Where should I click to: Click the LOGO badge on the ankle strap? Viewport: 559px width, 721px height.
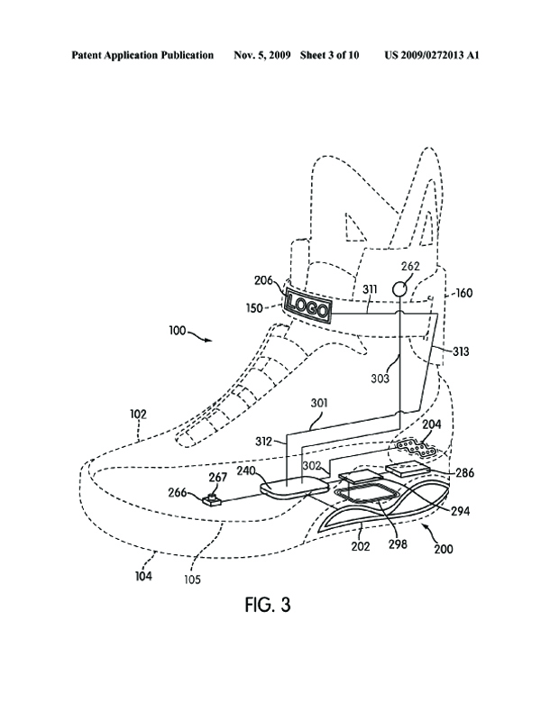coord(308,305)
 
